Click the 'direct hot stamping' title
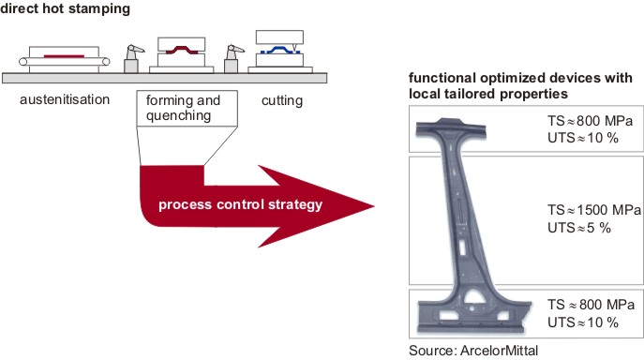point(66,8)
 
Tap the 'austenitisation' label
point(65,99)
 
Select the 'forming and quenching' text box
point(187,108)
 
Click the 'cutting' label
point(282,100)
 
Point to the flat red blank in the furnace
point(64,56)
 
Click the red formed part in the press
point(181,50)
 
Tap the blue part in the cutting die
point(280,50)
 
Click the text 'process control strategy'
point(240,204)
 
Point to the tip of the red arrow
point(374,206)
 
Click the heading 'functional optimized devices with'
point(520,78)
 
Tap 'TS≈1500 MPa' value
point(594,210)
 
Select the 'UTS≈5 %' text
point(579,228)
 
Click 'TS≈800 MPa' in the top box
point(590,121)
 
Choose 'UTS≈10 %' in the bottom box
point(583,322)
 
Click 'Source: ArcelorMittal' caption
point(473,351)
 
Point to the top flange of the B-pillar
point(451,127)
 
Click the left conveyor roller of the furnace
point(23,62)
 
